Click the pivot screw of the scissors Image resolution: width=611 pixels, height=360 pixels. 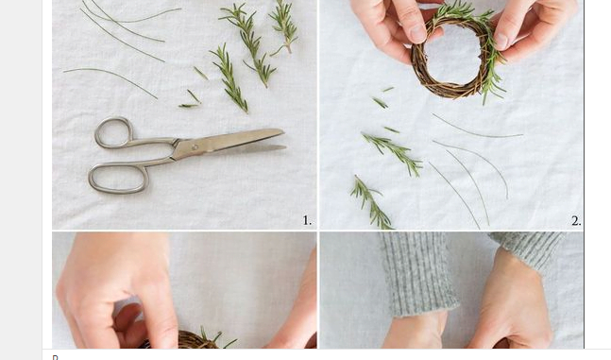tap(195, 147)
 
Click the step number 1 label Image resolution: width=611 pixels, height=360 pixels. tap(307, 221)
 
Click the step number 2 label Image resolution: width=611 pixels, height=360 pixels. tap(576, 221)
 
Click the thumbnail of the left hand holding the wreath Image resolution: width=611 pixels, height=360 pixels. tap(417, 33)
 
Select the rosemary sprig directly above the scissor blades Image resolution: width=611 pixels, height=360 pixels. tap(229, 78)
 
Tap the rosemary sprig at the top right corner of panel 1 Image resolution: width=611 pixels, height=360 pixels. tap(284, 26)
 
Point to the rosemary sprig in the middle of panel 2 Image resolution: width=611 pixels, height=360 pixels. tap(393, 152)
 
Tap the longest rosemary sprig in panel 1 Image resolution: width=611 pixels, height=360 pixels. tap(249, 43)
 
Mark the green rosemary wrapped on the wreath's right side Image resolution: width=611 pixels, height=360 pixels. tap(492, 59)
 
